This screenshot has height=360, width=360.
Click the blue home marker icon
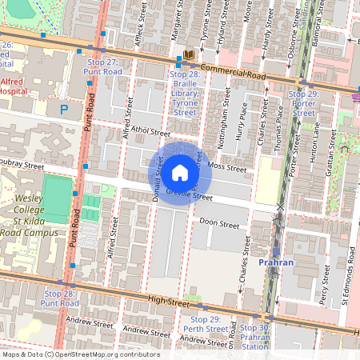180,173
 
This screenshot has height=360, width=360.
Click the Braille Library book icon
190,54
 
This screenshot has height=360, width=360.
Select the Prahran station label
278,262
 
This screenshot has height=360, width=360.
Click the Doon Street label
218,223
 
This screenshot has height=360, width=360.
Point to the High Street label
167,302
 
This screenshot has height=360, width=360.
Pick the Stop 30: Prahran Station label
255,337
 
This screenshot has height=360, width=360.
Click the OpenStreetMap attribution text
80,354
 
